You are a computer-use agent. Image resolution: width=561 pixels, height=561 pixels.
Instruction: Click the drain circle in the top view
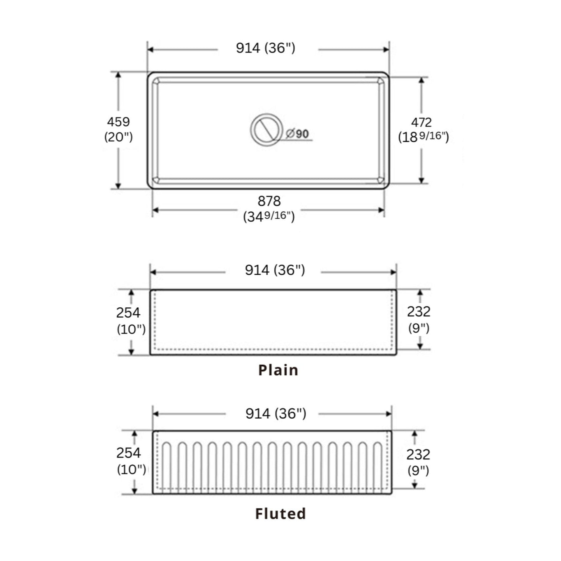(x=266, y=130)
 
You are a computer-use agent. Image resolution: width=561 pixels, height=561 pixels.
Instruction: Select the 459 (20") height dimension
(x=118, y=129)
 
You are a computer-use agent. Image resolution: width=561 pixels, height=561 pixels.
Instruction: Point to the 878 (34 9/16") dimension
(x=269, y=209)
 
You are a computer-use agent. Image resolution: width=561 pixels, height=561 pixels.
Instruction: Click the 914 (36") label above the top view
(x=266, y=48)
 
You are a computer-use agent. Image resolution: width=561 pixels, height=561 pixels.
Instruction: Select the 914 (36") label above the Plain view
(x=275, y=270)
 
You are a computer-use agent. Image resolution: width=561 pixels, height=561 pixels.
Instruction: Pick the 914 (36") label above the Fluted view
(x=276, y=413)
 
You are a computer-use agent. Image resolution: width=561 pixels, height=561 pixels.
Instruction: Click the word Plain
(x=278, y=370)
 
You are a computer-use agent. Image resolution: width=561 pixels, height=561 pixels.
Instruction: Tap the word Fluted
(x=280, y=514)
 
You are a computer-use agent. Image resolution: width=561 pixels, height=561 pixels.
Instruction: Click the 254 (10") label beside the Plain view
(x=130, y=321)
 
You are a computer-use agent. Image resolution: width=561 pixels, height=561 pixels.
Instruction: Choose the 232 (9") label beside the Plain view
(x=419, y=319)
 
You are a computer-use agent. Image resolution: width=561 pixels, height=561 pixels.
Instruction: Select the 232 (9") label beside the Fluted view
(x=418, y=462)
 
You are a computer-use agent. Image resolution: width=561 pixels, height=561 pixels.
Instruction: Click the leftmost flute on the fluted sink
(x=167, y=466)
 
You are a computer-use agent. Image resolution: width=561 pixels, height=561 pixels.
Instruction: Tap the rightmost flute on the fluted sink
(x=377, y=466)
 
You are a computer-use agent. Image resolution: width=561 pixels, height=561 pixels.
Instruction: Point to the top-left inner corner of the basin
(x=156, y=81)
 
